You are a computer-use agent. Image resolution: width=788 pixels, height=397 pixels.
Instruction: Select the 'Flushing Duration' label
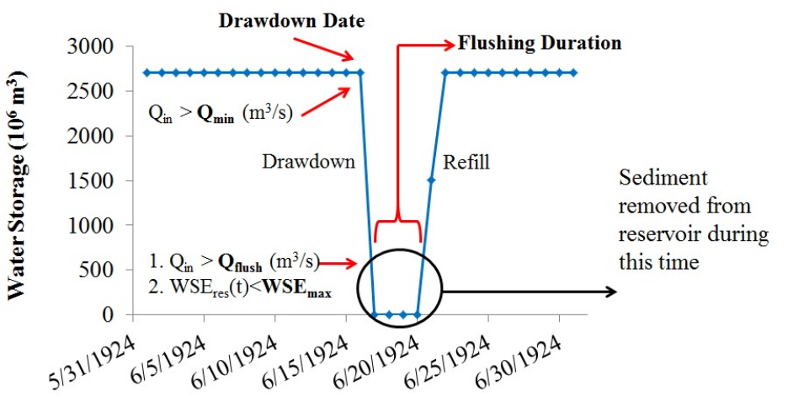pos(539,42)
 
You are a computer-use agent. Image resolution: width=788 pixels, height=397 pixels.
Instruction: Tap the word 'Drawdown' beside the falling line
pos(307,161)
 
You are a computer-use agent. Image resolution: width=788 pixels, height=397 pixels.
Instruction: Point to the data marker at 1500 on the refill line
pos(431,180)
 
